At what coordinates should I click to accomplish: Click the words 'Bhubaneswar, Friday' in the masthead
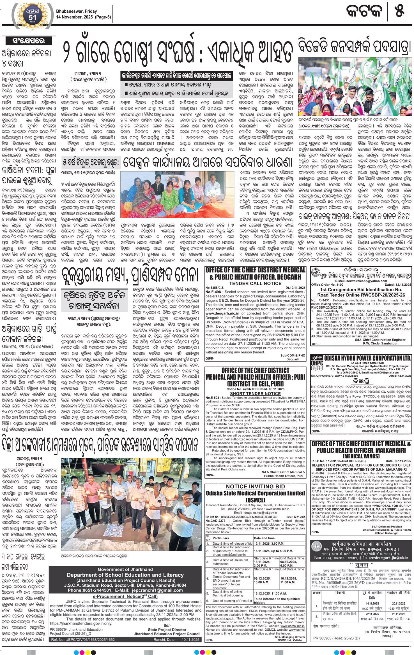click(x=76, y=11)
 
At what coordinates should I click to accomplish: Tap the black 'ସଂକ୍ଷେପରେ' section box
click(x=28, y=41)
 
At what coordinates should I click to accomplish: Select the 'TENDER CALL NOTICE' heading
click(x=255, y=283)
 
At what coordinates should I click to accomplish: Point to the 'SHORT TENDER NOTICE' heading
click(x=255, y=393)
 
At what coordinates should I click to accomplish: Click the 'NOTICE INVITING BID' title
click(x=255, y=487)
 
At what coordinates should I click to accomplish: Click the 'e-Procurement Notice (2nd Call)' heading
click(x=125, y=596)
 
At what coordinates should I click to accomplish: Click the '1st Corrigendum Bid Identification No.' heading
click(x=361, y=290)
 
